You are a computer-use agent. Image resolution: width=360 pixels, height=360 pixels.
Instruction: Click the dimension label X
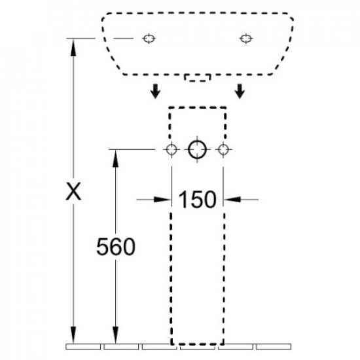tap(73, 192)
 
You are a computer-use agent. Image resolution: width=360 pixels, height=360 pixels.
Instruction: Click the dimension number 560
tap(116, 247)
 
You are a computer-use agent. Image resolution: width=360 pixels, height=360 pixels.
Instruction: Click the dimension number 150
tap(197, 200)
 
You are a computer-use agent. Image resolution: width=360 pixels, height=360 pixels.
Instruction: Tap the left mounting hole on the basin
tap(149, 39)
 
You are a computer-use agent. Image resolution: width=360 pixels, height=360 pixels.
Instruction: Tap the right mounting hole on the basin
tap(246, 39)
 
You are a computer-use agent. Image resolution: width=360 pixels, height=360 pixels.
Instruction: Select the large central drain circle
tap(197, 150)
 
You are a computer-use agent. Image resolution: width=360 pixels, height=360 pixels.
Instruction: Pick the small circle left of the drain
tap(171, 150)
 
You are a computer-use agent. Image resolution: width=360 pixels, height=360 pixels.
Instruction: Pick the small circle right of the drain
tap(223, 150)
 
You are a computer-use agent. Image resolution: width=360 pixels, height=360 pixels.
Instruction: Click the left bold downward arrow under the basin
tap(155, 91)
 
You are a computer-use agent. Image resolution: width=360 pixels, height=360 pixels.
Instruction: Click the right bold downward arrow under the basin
tap(240, 91)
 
